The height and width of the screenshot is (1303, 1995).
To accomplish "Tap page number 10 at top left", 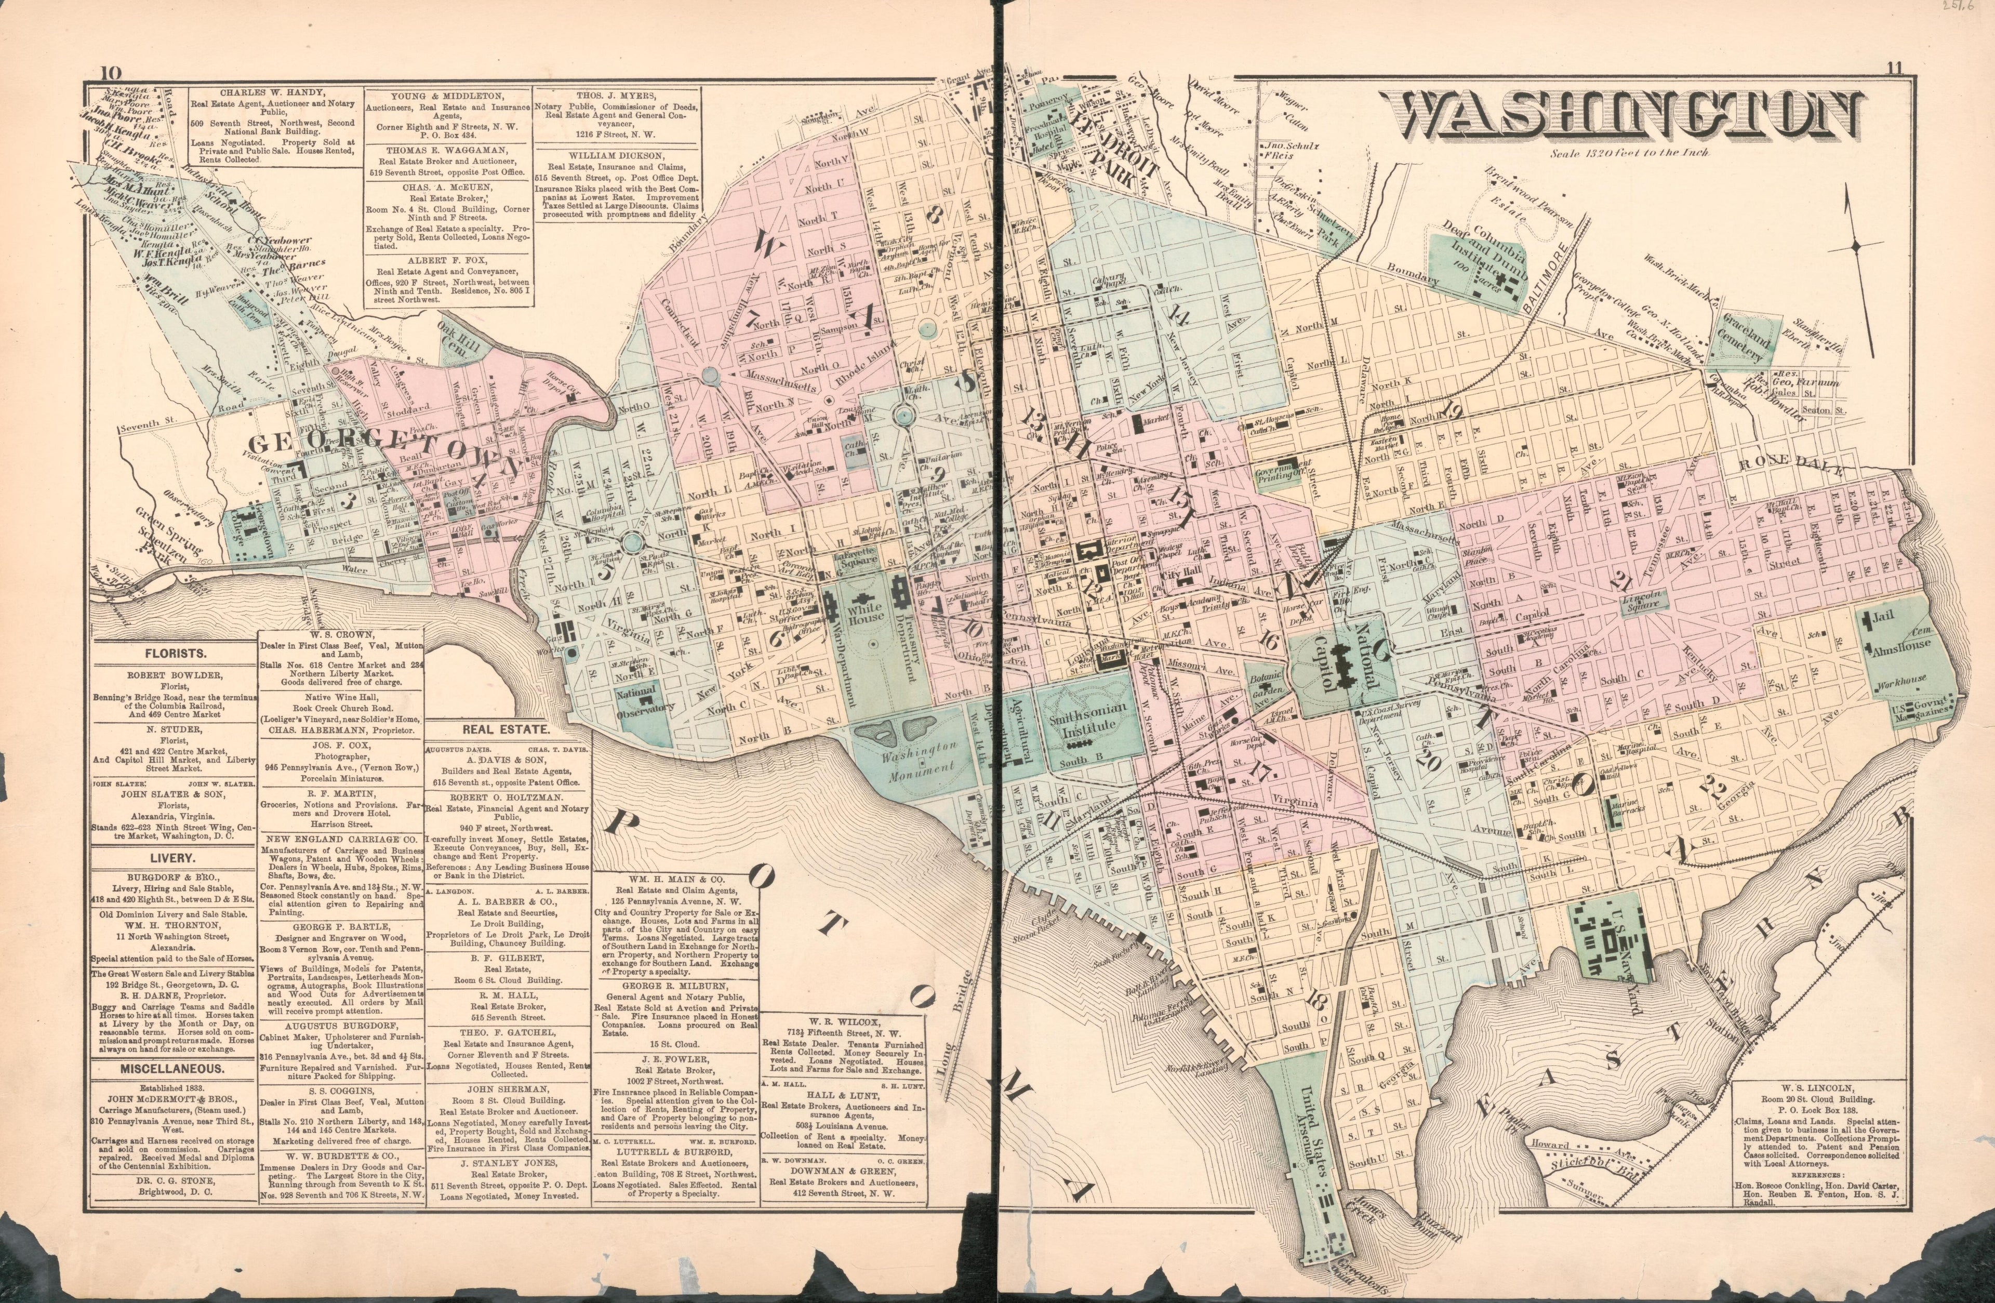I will (x=110, y=72).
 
